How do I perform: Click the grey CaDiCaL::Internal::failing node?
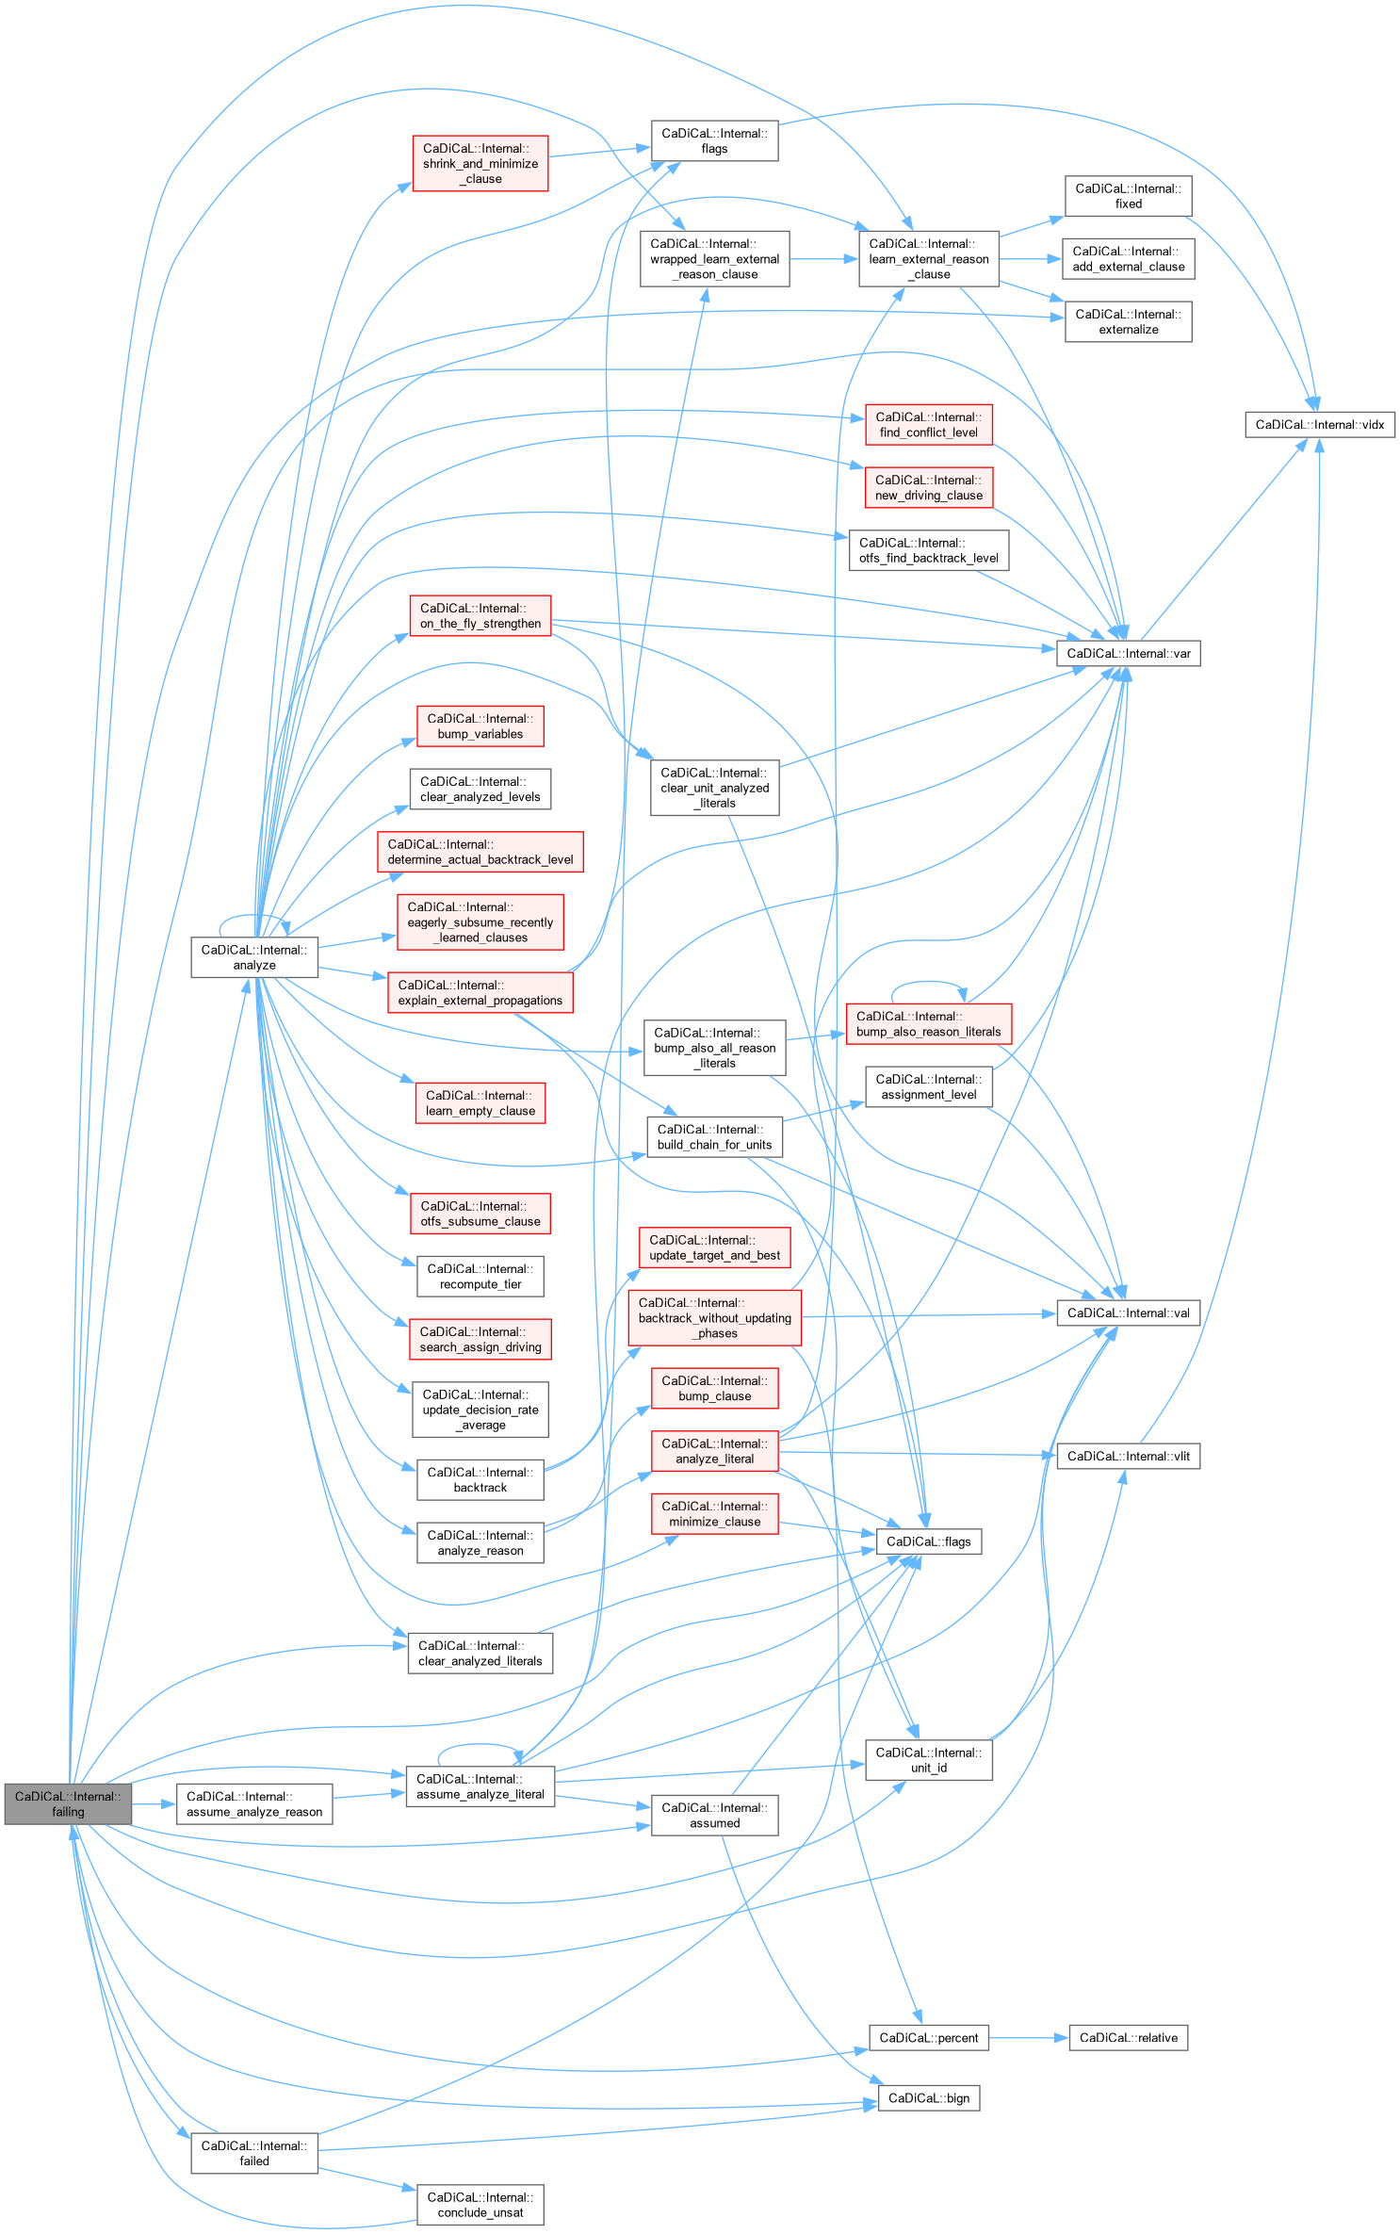[x=68, y=1803]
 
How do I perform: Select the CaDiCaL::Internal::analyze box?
[x=253, y=957]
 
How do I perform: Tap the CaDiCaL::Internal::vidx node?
[x=1319, y=425]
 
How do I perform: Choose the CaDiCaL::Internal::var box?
[x=1128, y=653]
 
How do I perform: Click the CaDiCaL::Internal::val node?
[x=1128, y=1313]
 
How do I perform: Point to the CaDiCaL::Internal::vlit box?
[x=1128, y=1456]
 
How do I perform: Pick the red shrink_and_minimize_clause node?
[x=480, y=164]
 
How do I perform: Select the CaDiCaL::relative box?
[x=1128, y=2037]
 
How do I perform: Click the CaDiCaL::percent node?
[x=928, y=2037]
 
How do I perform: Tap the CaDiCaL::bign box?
[x=928, y=2097]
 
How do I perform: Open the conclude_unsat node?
[x=480, y=2205]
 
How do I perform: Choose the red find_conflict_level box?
[x=928, y=425]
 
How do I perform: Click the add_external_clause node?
[x=1128, y=259]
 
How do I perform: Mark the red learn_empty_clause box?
[x=480, y=1102]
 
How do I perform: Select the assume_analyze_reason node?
[x=253, y=1803]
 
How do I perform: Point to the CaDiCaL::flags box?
[x=928, y=1541]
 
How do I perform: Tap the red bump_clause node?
[x=714, y=1388]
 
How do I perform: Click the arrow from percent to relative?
[x=1028, y=2037]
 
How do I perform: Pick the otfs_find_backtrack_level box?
[x=928, y=550]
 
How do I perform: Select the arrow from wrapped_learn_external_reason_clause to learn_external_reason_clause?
[x=823, y=259]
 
